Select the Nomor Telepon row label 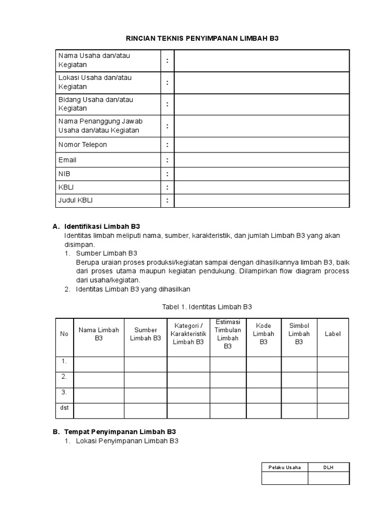(83, 145)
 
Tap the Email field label (68, 160)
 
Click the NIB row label (64, 174)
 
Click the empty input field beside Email (262, 160)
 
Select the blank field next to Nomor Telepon (262, 145)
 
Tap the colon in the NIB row (167, 174)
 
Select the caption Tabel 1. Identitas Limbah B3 (206, 306)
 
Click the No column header (64, 334)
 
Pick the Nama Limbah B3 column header (99, 334)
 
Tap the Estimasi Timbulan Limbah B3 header (228, 334)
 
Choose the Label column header (333, 334)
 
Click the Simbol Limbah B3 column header (299, 334)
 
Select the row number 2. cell (64, 376)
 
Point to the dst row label (64, 408)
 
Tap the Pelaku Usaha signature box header (285, 467)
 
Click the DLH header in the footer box (329, 467)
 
